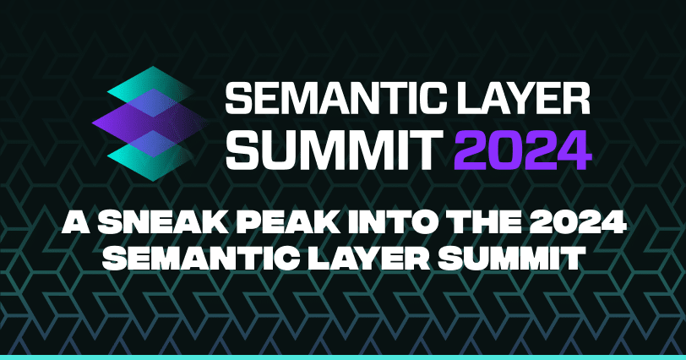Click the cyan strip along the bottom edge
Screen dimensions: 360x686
pos(343,357)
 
